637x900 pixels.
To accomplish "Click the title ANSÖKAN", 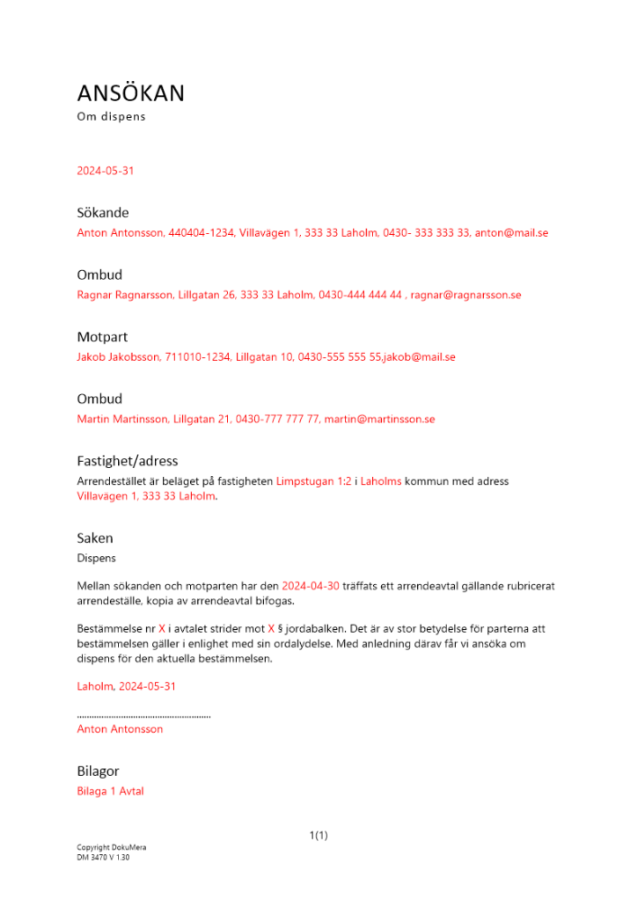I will point(131,94).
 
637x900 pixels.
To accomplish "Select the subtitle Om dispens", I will point(111,117).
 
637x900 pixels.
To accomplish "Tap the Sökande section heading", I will point(103,213).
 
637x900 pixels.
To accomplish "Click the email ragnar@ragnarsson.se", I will point(466,295).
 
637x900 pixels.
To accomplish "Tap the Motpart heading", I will point(102,337).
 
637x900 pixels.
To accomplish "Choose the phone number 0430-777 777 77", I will point(278,419).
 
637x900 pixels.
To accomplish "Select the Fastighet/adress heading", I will point(127,462).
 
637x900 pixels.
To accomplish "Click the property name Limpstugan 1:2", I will point(314,481).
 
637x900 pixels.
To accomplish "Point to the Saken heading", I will point(95,538).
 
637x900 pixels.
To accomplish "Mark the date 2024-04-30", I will point(310,586).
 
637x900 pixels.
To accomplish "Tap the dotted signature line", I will point(144,715).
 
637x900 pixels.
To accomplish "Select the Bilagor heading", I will point(98,771).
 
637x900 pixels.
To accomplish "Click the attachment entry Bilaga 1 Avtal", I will point(110,792).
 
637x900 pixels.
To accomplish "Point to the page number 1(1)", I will point(318,836).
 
